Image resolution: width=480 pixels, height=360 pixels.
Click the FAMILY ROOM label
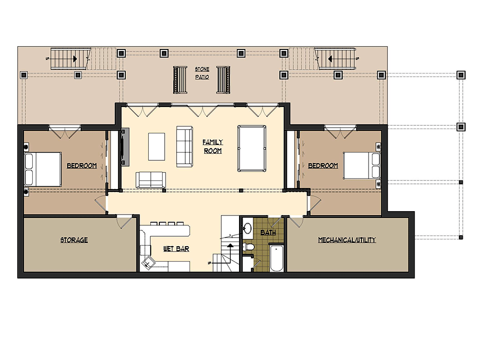(213, 146)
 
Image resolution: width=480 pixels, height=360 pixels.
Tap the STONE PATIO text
(202, 73)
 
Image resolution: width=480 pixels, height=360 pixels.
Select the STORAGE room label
(74, 240)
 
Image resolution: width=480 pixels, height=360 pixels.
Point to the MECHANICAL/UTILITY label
(347, 240)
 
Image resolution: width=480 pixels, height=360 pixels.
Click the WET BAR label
(176, 249)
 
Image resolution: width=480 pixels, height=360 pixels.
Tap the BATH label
(268, 233)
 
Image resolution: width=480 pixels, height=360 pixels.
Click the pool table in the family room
(252, 148)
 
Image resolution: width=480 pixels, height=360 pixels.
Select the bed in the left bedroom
(43, 169)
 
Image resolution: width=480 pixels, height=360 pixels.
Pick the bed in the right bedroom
(362, 165)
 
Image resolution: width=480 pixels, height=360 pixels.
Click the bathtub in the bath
(277, 257)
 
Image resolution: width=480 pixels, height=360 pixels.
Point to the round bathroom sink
(248, 228)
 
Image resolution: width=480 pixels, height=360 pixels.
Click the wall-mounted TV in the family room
(125, 147)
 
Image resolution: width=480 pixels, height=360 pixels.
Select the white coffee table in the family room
(157, 146)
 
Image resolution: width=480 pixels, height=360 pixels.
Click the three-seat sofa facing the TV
(185, 146)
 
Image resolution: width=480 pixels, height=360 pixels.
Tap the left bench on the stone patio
(180, 80)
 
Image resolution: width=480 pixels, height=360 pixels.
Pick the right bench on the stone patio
(223, 80)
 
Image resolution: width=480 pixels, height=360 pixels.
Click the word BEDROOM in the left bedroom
(82, 166)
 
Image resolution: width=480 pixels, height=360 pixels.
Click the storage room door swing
(125, 221)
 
